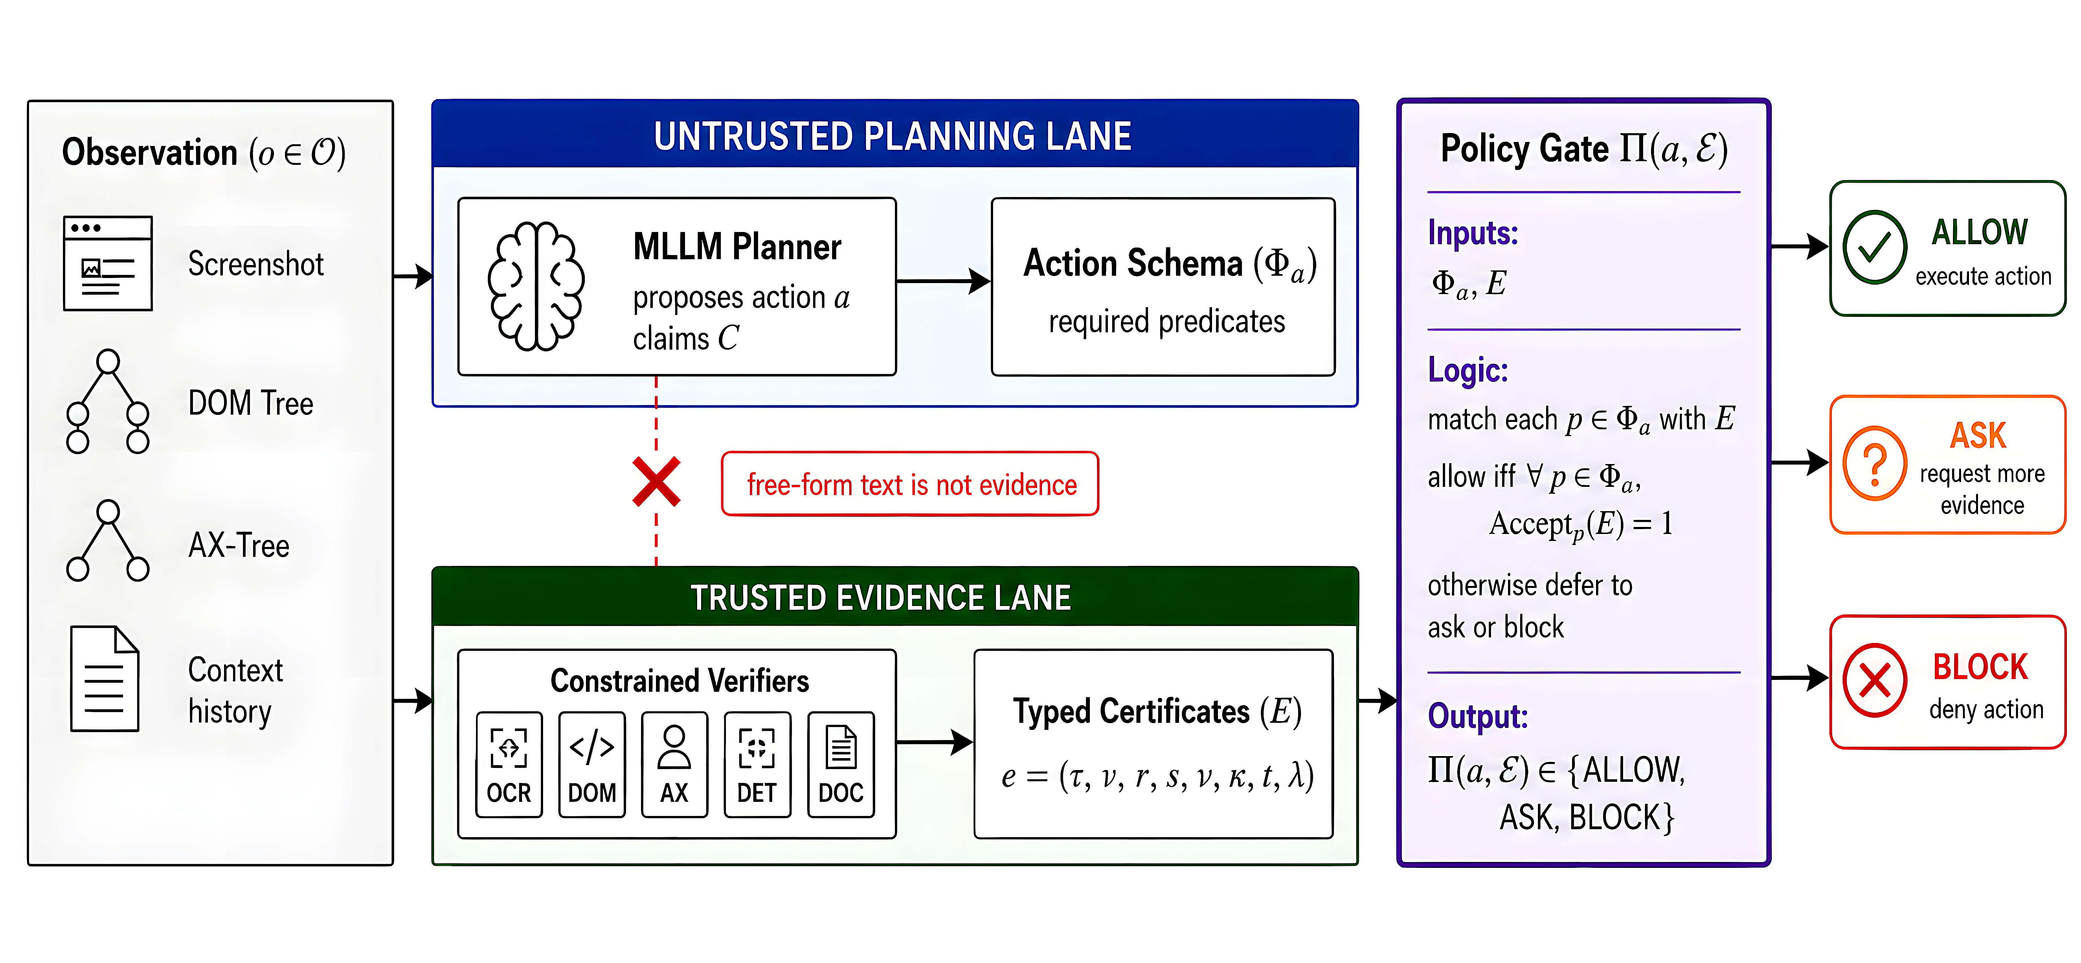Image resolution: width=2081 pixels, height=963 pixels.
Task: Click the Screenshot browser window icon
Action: click(107, 263)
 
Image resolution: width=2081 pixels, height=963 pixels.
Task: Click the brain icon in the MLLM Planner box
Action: click(535, 286)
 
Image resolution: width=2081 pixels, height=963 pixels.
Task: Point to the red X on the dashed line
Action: click(656, 482)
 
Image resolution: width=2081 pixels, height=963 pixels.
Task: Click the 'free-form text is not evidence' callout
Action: click(910, 484)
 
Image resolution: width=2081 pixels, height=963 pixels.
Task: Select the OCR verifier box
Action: click(509, 764)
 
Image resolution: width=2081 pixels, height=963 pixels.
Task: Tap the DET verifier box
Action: click(757, 764)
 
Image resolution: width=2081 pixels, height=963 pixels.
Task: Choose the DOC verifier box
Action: click(841, 764)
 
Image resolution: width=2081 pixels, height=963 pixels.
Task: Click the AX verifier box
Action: click(675, 764)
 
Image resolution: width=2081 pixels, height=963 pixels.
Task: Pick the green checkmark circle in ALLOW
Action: click(1874, 247)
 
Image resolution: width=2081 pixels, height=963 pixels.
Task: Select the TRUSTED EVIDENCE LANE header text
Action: click(881, 598)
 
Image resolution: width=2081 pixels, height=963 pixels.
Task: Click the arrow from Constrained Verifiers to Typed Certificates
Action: click(935, 742)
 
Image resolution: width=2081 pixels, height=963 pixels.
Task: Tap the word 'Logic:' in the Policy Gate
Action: click(1468, 370)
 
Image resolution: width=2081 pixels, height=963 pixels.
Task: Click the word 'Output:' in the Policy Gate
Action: click(1478, 716)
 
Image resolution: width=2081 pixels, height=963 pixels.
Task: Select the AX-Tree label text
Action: click(238, 545)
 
